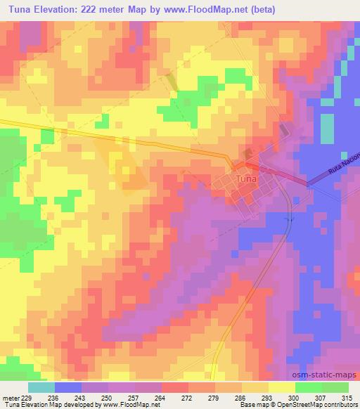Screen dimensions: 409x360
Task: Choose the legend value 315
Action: [x=347, y=398]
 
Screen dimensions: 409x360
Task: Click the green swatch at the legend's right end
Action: [x=335, y=387]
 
